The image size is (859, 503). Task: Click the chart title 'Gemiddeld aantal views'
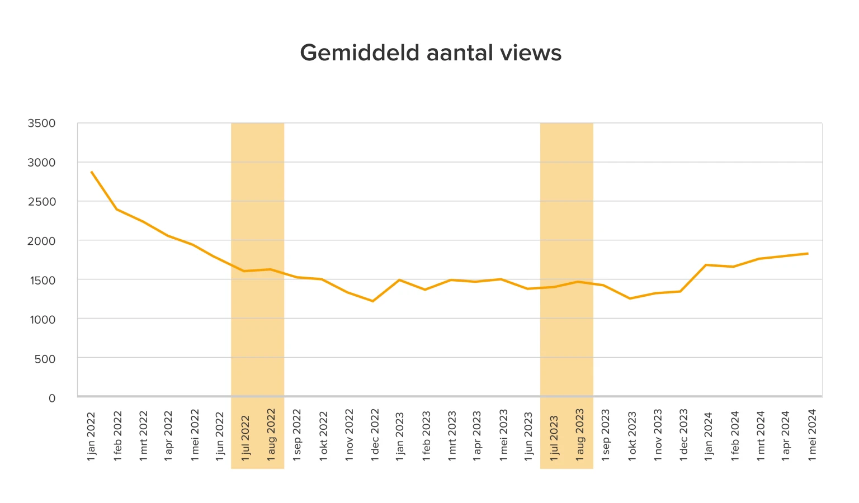[x=430, y=53]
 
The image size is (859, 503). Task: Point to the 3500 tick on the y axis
[x=42, y=123]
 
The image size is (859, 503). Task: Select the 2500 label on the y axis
[x=42, y=201]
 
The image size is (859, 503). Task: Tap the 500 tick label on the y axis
[x=45, y=359]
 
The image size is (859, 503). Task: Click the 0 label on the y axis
[x=52, y=398]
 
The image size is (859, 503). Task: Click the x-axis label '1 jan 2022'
[x=91, y=436]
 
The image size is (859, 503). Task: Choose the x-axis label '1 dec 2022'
[x=375, y=435]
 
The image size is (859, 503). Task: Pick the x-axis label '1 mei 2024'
[x=812, y=435]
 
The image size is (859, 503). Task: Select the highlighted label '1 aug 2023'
[x=580, y=435]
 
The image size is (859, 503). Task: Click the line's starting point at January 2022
[x=91, y=172]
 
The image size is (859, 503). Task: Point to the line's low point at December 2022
[x=373, y=301]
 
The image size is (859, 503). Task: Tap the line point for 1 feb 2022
[x=116, y=209]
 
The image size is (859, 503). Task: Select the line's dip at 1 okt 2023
[x=630, y=298]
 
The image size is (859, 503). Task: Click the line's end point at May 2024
[x=808, y=253]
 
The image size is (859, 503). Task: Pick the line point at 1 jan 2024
[x=707, y=265]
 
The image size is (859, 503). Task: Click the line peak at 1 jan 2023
[x=399, y=279]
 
